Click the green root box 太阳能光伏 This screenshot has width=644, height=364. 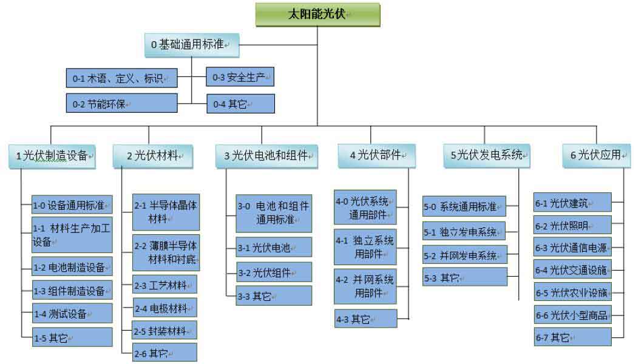[x=317, y=15]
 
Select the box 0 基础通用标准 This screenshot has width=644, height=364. [x=191, y=44]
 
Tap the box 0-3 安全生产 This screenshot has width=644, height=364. [x=240, y=77]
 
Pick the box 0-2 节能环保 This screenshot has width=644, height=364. [x=121, y=104]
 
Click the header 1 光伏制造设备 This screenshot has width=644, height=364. [x=52, y=155]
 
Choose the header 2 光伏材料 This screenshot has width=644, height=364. [x=152, y=155]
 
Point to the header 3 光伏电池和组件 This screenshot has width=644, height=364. [x=266, y=155]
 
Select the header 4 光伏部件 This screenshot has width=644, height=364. [x=376, y=155]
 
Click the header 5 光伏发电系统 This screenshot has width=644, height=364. [x=487, y=155]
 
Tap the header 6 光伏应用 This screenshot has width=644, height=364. [x=596, y=155]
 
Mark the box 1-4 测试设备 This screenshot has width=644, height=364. [x=72, y=314]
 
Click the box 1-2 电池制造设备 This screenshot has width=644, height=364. [x=72, y=266]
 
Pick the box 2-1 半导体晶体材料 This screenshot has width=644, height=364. [x=164, y=212]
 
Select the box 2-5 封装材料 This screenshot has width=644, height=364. [x=164, y=331]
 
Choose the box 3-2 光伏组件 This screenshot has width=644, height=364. [x=274, y=272]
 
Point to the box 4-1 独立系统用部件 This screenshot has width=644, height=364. [x=365, y=245]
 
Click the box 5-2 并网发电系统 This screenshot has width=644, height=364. [x=464, y=255]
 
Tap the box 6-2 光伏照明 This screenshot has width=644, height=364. [x=572, y=226]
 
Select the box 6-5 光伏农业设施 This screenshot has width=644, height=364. [x=572, y=292]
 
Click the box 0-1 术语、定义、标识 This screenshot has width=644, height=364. [x=121, y=78]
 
